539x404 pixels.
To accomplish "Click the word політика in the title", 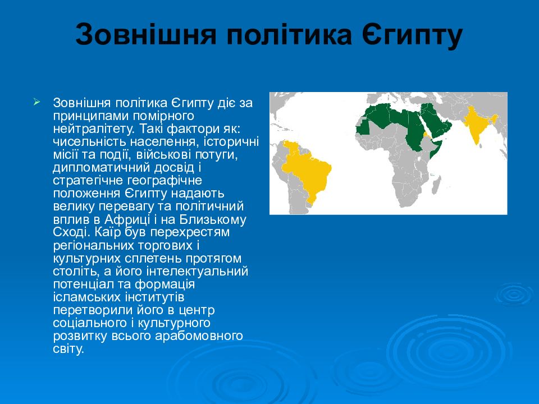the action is click(289, 34).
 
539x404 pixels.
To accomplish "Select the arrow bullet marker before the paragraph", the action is click(37, 102).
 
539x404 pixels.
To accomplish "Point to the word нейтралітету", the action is click(91, 128).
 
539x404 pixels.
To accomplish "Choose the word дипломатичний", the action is click(101, 168).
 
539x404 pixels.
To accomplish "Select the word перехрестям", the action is click(190, 232).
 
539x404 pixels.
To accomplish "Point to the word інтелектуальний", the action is click(197, 271).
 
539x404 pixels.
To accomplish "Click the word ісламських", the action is click(87, 297).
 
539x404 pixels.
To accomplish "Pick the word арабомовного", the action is click(199, 336).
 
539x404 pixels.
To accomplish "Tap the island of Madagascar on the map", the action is click(436, 184).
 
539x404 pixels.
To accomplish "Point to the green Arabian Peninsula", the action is click(435, 120).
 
